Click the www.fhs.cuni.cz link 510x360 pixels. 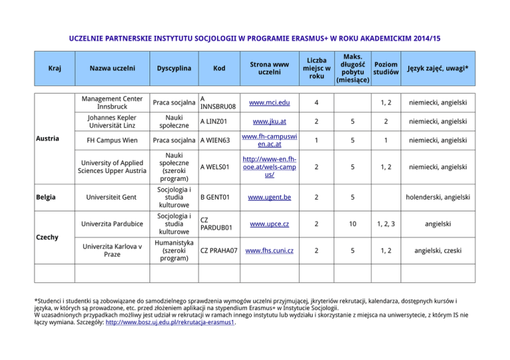269,252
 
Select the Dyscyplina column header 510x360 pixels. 174,68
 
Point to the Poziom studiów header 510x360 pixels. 386,68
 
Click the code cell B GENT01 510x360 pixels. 216,198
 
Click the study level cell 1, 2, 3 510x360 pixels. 386,225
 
